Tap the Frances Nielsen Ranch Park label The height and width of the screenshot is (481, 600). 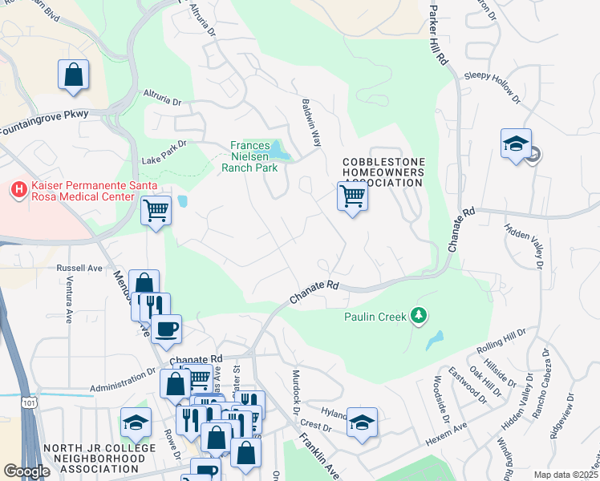253,156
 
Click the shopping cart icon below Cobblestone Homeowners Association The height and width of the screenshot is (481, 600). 352,195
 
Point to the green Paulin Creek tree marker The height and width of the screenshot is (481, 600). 417,317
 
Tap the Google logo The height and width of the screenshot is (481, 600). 26,471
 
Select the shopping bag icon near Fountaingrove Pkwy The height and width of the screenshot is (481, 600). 73,75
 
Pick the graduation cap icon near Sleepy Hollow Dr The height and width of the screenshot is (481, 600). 516,144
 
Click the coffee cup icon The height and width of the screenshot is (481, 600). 166,329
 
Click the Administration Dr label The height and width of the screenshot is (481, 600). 122,374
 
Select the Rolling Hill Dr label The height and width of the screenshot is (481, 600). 502,339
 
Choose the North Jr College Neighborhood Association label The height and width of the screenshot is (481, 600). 95,458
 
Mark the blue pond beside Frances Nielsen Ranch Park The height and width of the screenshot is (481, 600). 278,150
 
